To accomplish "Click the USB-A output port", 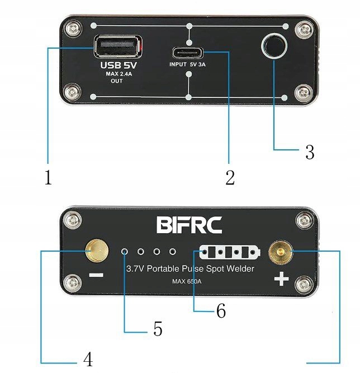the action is click(x=117, y=47).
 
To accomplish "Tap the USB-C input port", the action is click(x=188, y=54).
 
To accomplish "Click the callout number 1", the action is click(x=48, y=178).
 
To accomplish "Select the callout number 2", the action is click(x=230, y=178).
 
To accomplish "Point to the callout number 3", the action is click(x=309, y=152).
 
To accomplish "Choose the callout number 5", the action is click(x=158, y=329).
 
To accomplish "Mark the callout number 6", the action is click(x=221, y=311).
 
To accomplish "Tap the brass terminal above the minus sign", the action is click(x=96, y=253).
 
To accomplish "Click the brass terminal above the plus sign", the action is click(x=280, y=253).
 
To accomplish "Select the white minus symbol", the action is click(x=96, y=276).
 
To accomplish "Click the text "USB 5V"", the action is click(x=119, y=65).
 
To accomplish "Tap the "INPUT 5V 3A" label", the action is click(x=188, y=64).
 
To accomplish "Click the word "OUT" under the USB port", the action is click(x=117, y=81).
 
